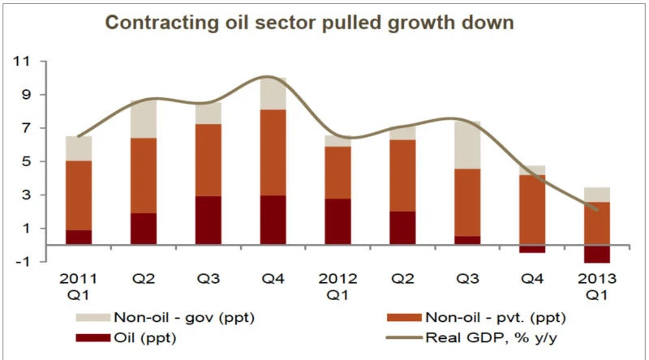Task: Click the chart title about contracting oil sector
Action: pos(309,23)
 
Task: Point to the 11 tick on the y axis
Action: pos(22,62)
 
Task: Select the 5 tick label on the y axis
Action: pos(26,161)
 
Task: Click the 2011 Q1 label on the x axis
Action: pos(78,286)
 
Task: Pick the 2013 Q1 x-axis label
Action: pos(597,286)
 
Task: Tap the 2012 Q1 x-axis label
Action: pos(337,286)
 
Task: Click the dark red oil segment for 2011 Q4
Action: pos(273,221)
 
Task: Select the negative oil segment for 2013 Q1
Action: pos(597,254)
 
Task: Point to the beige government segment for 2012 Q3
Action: pos(467,145)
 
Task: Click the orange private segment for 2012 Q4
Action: pos(532,210)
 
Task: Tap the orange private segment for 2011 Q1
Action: pos(79,195)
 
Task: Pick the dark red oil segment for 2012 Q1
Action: pos(337,222)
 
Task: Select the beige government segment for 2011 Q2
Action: pos(144,119)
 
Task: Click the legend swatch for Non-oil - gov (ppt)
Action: pos(93,317)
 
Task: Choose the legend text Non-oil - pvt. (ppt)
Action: pos(496,317)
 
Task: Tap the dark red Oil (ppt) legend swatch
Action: pos(93,337)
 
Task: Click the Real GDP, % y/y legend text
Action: pos(492,337)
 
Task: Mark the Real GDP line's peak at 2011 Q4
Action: pos(268,76)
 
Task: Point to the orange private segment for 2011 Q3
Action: pos(208,161)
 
